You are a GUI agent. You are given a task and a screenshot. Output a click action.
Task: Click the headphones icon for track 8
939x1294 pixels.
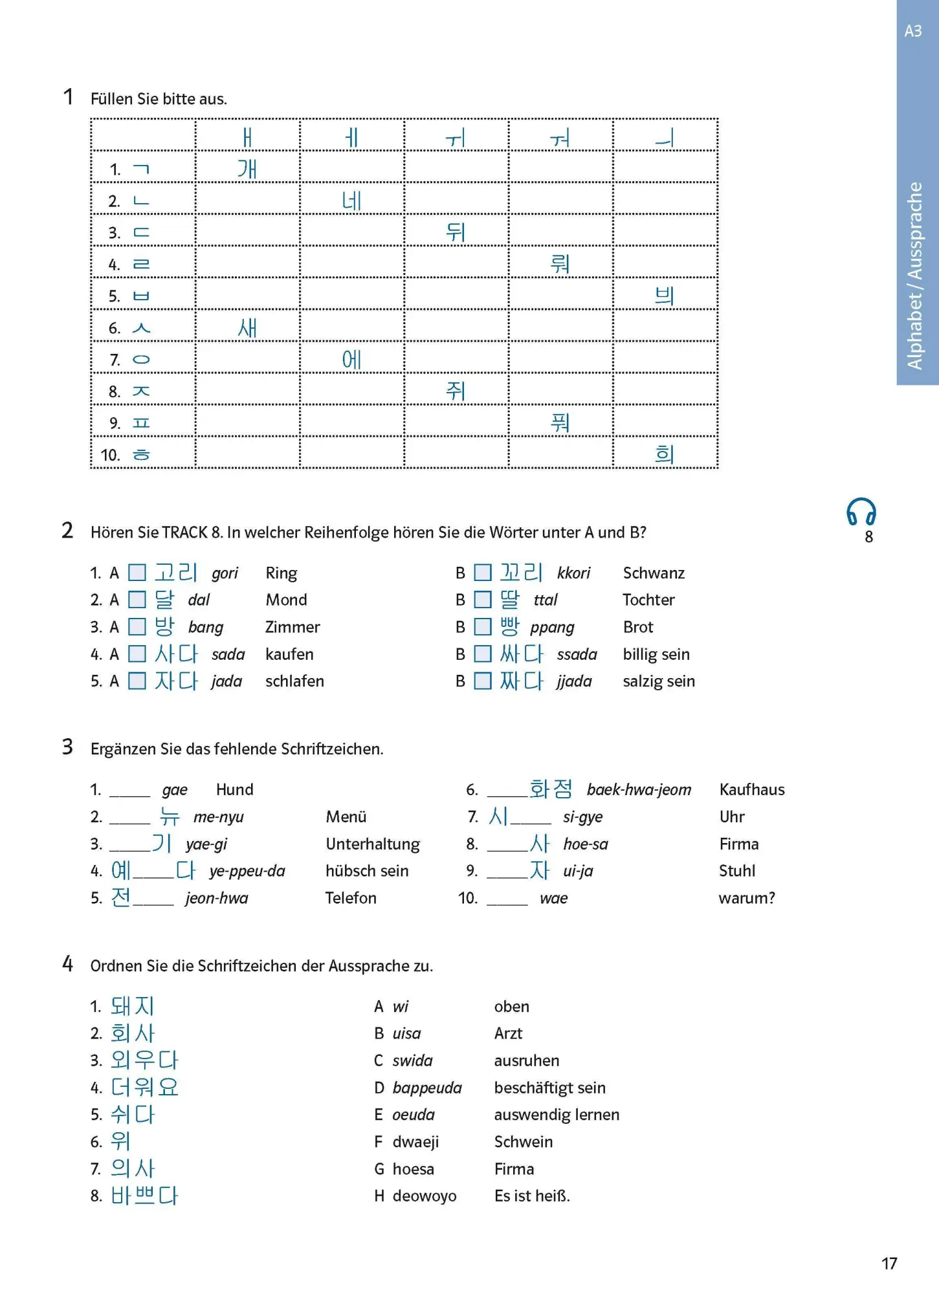tap(861, 512)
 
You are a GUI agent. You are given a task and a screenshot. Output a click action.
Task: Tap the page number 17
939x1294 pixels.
tap(889, 1263)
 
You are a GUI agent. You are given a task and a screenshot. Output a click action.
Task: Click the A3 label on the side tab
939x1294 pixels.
tap(913, 31)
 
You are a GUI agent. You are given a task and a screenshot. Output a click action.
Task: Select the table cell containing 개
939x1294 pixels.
tap(247, 168)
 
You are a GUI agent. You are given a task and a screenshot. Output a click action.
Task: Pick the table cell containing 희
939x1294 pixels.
tap(665, 454)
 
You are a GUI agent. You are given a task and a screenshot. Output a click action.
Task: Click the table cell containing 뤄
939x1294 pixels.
tap(560, 263)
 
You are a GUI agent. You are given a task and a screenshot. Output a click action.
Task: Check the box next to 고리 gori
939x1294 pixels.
tap(137, 573)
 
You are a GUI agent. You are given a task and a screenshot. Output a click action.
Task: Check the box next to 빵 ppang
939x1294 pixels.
tap(483, 627)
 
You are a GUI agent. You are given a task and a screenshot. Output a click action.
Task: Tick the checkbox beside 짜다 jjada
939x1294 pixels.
tap(483, 681)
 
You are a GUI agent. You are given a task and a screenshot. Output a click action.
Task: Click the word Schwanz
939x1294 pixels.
tap(654, 573)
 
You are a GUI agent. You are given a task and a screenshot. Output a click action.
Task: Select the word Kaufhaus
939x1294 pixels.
tap(752, 789)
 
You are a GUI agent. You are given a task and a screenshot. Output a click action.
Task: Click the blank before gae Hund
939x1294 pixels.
tap(129, 791)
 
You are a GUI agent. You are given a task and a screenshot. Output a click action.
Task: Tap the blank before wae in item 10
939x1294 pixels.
tap(507, 899)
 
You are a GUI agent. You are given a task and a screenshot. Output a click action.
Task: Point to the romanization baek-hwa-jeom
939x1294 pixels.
tap(639, 789)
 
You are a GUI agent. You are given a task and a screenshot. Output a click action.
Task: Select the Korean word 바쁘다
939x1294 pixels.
tap(144, 1196)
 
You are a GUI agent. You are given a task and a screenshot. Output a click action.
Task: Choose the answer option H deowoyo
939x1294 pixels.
tap(415, 1196)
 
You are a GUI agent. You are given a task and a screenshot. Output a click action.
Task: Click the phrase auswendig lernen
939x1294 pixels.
tap(557, 1115)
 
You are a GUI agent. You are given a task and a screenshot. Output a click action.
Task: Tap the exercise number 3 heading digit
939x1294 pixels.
tap(67, 747)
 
